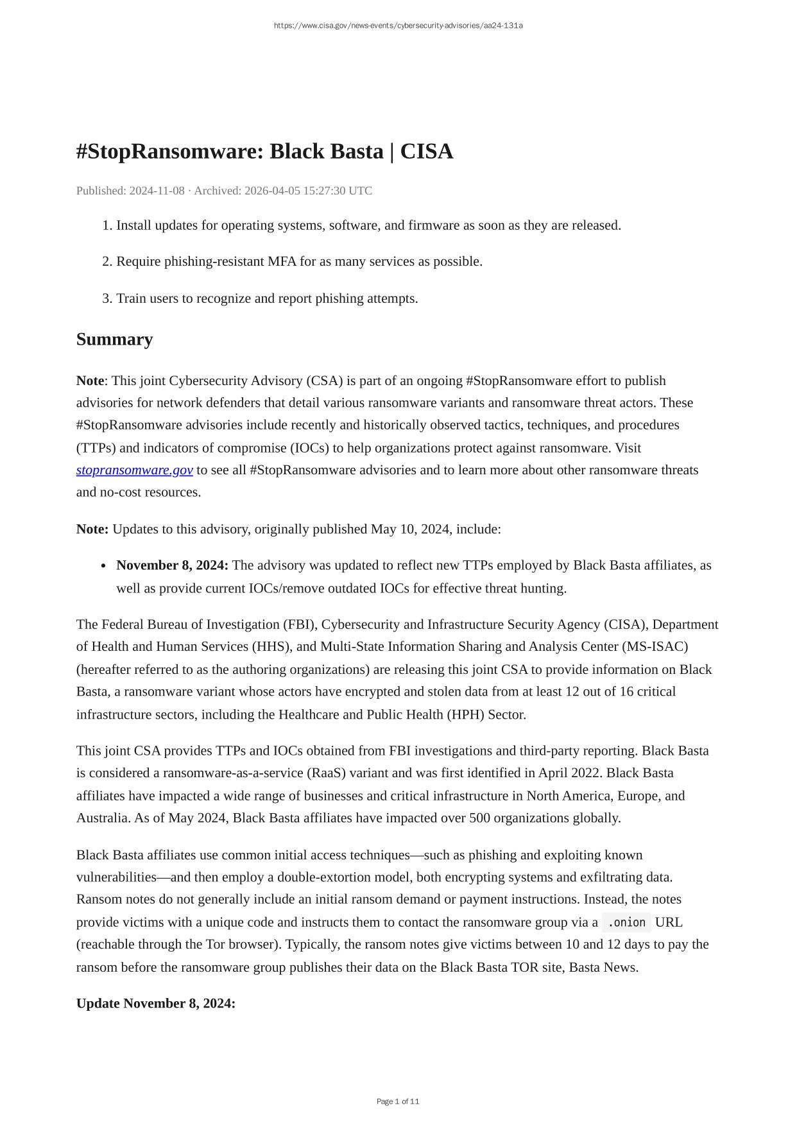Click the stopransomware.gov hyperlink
coord(134,470)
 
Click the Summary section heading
coord(114,340)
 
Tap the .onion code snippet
coord(626,922)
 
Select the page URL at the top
coord(398,26)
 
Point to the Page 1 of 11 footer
coord(398,1101)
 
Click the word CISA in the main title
coord(427,151)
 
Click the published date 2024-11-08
coord(157,191)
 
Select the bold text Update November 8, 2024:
coord(156,1003)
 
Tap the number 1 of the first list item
coord(107,225)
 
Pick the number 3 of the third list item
coord(107,298)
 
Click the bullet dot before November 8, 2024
coord(103,566)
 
